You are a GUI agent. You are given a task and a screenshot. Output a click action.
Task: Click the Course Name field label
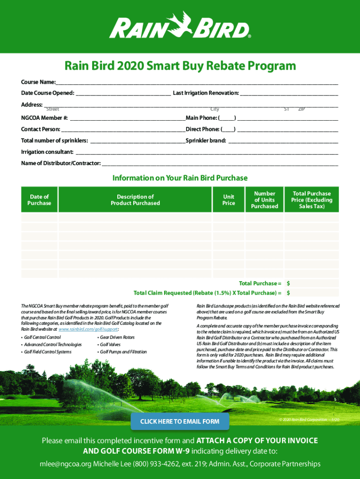pyautogui.click(x=38, y=82)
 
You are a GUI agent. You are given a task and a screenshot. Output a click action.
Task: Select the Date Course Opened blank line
pyautogui.click(x=123, y=94)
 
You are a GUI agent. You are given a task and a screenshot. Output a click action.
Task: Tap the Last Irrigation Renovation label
pyautogui.click(x=206, y=93)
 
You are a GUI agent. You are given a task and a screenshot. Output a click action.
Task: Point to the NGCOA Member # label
pyautogui.click(x=44, y=118)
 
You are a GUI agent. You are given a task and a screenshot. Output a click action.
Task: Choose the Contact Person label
pyautogui.click(x=41, y=129)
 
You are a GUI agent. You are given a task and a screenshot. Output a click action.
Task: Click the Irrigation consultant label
pyautogui.click(x=47, y=152)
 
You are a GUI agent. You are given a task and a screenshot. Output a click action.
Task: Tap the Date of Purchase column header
pyautogui.click(x=39, y=200)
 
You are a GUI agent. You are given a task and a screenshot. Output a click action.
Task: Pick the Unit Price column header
pyautogui.click(x=229, y=200)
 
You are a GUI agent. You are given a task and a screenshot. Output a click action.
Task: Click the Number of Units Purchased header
pyautogui.click(x=265, y=200)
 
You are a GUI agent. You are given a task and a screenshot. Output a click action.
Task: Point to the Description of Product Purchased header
pyautogui.click(x=135, y=200)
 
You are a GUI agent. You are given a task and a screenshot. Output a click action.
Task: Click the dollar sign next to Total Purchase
pyautogui.click(x=288, y=283)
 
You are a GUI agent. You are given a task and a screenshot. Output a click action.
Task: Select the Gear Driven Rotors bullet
pyautogui.click(x=117, y=337)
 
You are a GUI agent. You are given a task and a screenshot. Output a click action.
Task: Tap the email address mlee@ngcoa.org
pyautogui.click(x=65, y=464)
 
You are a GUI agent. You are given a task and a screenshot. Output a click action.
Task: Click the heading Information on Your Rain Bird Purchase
pyautogui.click(x=180, y=178)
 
